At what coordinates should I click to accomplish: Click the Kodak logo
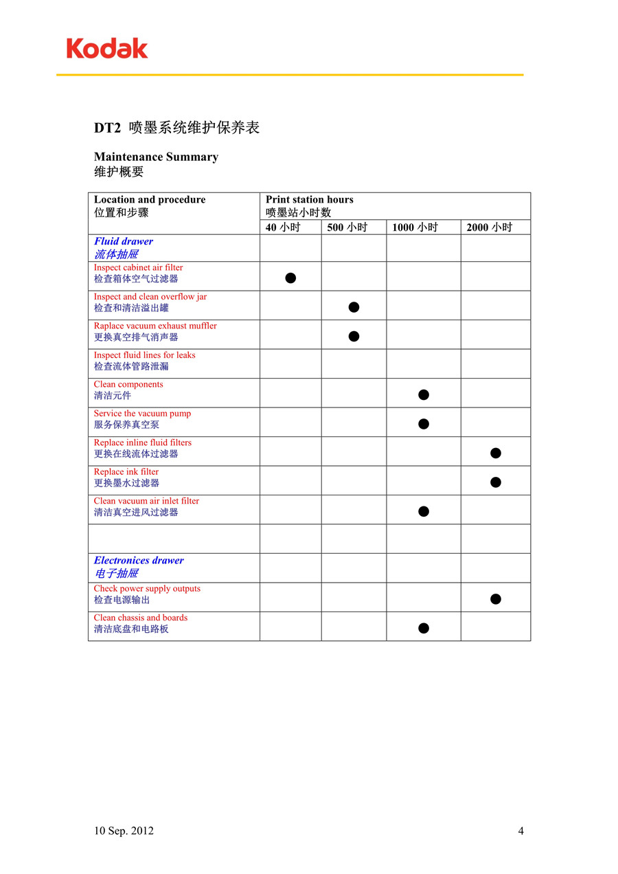pyautogui.click(x=107, y=48)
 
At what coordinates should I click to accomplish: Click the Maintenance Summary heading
pyautogui.click(x=156, y=157)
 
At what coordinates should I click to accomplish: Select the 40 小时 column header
pyautogui.click(x=283, y=227)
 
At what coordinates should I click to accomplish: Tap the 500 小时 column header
pyautogui.click(x=347, y=227)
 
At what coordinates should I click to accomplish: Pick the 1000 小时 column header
pyautogui.click(x=415, y=227)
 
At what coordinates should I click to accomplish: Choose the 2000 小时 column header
pyautogui.click(x=489, y=227)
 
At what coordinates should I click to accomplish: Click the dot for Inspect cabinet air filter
pyautogui.click(x=290, y=278)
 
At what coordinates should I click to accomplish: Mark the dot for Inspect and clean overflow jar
pyautogui.click(x=354, y=307)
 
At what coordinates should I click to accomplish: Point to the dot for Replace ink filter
pyautogui.click(x=496, y=482)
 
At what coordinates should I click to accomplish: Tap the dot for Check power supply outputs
pyautogui.click(x=496, y=599)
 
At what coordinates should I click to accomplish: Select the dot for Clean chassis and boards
pyautogui.click(x=424, y=628)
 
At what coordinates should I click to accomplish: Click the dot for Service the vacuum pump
pyautogui.click(x=424, y=424)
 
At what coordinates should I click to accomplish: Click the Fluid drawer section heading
pyautogui.click(x=124, y=241)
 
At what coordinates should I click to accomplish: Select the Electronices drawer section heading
pyautogui.click(x=139, y=561)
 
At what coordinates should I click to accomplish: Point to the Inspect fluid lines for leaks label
pyautogui.click(x=144, y=355)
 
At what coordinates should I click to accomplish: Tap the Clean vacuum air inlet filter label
pyautogui.click(x=146, y=501)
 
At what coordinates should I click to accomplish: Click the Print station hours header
pyautogui.click(x=310, y=200)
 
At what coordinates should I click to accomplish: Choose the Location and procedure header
pyautogui.click(x=150, y=200)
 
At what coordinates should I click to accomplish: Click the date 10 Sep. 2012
pyautogui.click(x=124, y=831)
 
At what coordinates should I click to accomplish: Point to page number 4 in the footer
pyautogui.click(x=520, y=831)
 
